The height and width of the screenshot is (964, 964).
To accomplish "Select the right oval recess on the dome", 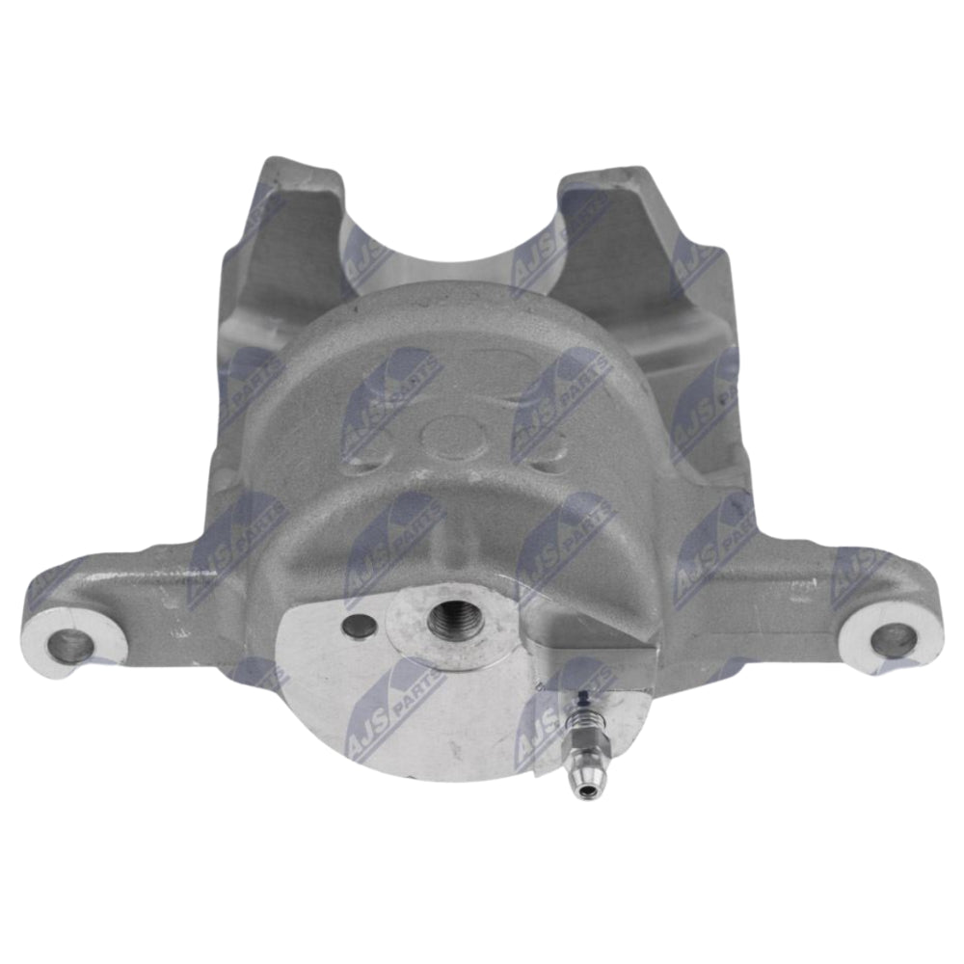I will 545,443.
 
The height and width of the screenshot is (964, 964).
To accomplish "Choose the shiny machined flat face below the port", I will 405,713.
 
